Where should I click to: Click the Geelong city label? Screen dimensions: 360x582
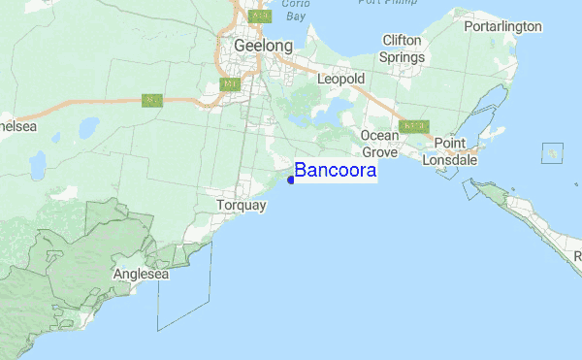[262, 46]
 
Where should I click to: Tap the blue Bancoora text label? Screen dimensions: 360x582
[336, 171]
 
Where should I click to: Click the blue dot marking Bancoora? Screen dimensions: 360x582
[291, 178]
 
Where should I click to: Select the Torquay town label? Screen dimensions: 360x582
[242, 207]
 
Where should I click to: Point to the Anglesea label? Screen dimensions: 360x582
[142, 275]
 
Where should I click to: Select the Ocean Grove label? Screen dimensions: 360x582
[379, 144]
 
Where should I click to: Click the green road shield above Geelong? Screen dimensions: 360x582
[258, 16]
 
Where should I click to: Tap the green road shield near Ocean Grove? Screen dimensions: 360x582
[413, 127]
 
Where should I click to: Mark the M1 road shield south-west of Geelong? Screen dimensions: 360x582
[230, 84]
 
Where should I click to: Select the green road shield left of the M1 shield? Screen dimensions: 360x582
[151, 100]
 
